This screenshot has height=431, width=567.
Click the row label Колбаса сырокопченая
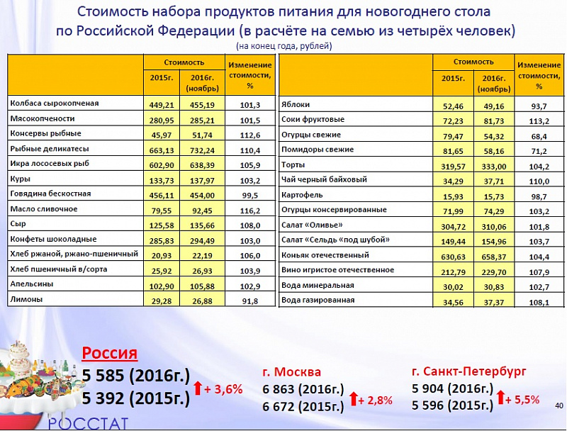click(54, 103)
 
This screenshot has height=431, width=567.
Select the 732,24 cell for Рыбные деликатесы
click(202, 150)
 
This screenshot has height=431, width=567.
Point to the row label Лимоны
click(26, 300)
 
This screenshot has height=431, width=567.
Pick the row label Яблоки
click(296, 105)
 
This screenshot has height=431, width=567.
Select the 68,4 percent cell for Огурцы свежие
click(539, 135)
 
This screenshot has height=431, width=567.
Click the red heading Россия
click(110, 353)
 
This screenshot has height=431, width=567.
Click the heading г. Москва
click(291, 371)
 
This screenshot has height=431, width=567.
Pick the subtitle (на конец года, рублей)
click(284, 46)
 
